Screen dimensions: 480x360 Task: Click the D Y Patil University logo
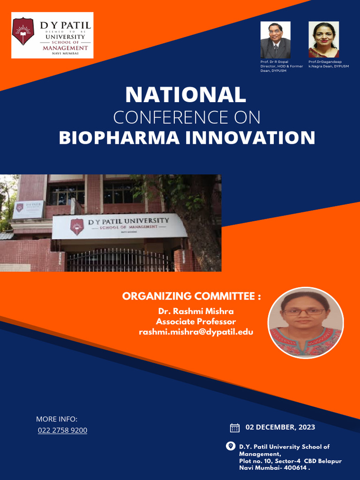[x=52, y=35]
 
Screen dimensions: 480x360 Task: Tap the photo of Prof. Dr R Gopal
[x=275, y=40]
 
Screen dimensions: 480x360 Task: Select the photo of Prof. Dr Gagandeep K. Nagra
[x=323, y=40]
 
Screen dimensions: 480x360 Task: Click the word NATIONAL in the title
[x=185, y=95]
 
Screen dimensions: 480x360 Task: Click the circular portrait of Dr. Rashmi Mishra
[x=305, y=322]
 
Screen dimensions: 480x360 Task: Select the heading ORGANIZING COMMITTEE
[x=191, y=296]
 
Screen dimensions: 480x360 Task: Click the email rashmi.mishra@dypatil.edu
[x=196, y=332]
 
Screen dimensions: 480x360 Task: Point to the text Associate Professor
[x=196, y=322]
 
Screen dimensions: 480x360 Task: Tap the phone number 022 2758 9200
[x=62, y=430]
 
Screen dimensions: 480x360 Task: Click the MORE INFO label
[x=57, y=419]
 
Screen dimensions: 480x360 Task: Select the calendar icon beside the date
[x=235, y=427]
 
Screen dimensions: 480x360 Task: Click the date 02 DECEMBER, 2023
[x=280, y=427]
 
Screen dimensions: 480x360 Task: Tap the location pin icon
[x=231, y=446]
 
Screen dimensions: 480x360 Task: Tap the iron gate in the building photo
[x=120, y=260]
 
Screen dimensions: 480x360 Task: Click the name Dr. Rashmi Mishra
[x=196, y=311]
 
